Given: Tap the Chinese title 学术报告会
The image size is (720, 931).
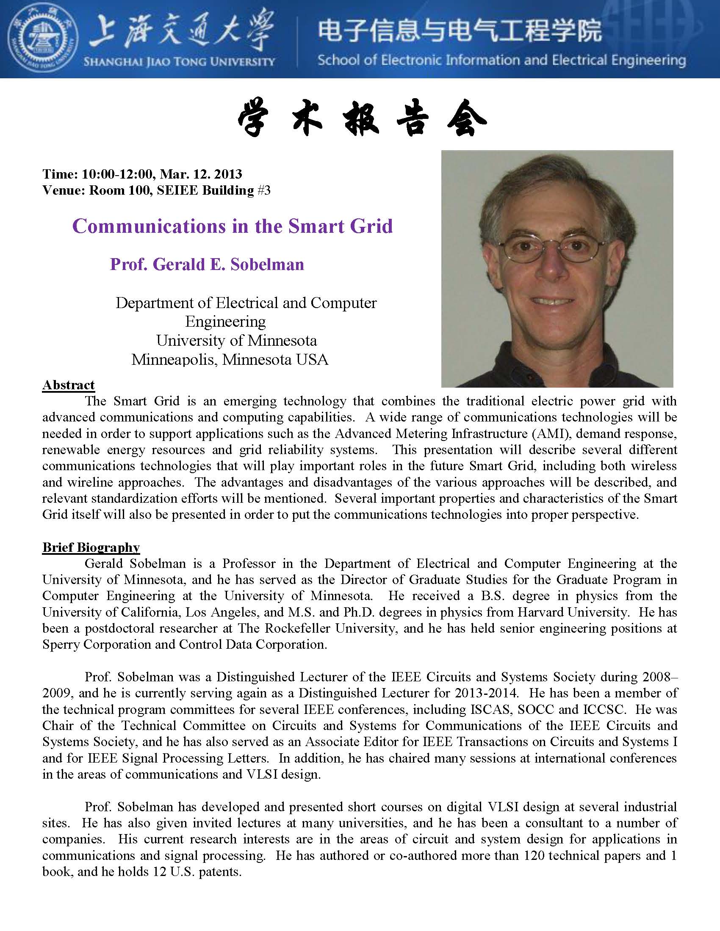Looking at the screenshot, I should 362,120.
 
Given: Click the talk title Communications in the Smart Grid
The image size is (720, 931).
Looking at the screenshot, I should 233,226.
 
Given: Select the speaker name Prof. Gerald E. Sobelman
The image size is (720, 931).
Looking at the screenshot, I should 207,264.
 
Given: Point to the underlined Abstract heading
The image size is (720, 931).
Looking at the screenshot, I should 68,385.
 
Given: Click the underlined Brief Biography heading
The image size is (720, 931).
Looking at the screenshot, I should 91,547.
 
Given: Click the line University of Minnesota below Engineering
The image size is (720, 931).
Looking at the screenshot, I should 236,341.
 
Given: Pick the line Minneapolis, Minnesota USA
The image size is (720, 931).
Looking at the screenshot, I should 230,360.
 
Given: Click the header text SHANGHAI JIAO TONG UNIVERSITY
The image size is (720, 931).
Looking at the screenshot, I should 179,62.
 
